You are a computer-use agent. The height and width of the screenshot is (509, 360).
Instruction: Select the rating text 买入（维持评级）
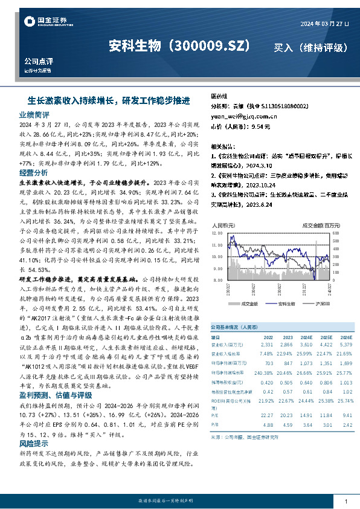(310, 47)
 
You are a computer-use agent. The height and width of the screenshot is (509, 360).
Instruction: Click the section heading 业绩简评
(34, 114)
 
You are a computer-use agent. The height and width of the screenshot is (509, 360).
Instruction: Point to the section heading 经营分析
(34, 172)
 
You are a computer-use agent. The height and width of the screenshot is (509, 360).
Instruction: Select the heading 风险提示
(34, 443)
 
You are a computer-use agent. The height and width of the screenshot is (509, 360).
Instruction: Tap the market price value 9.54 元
(259, 127)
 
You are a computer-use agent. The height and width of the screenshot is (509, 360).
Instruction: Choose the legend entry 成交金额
(249, 303)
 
